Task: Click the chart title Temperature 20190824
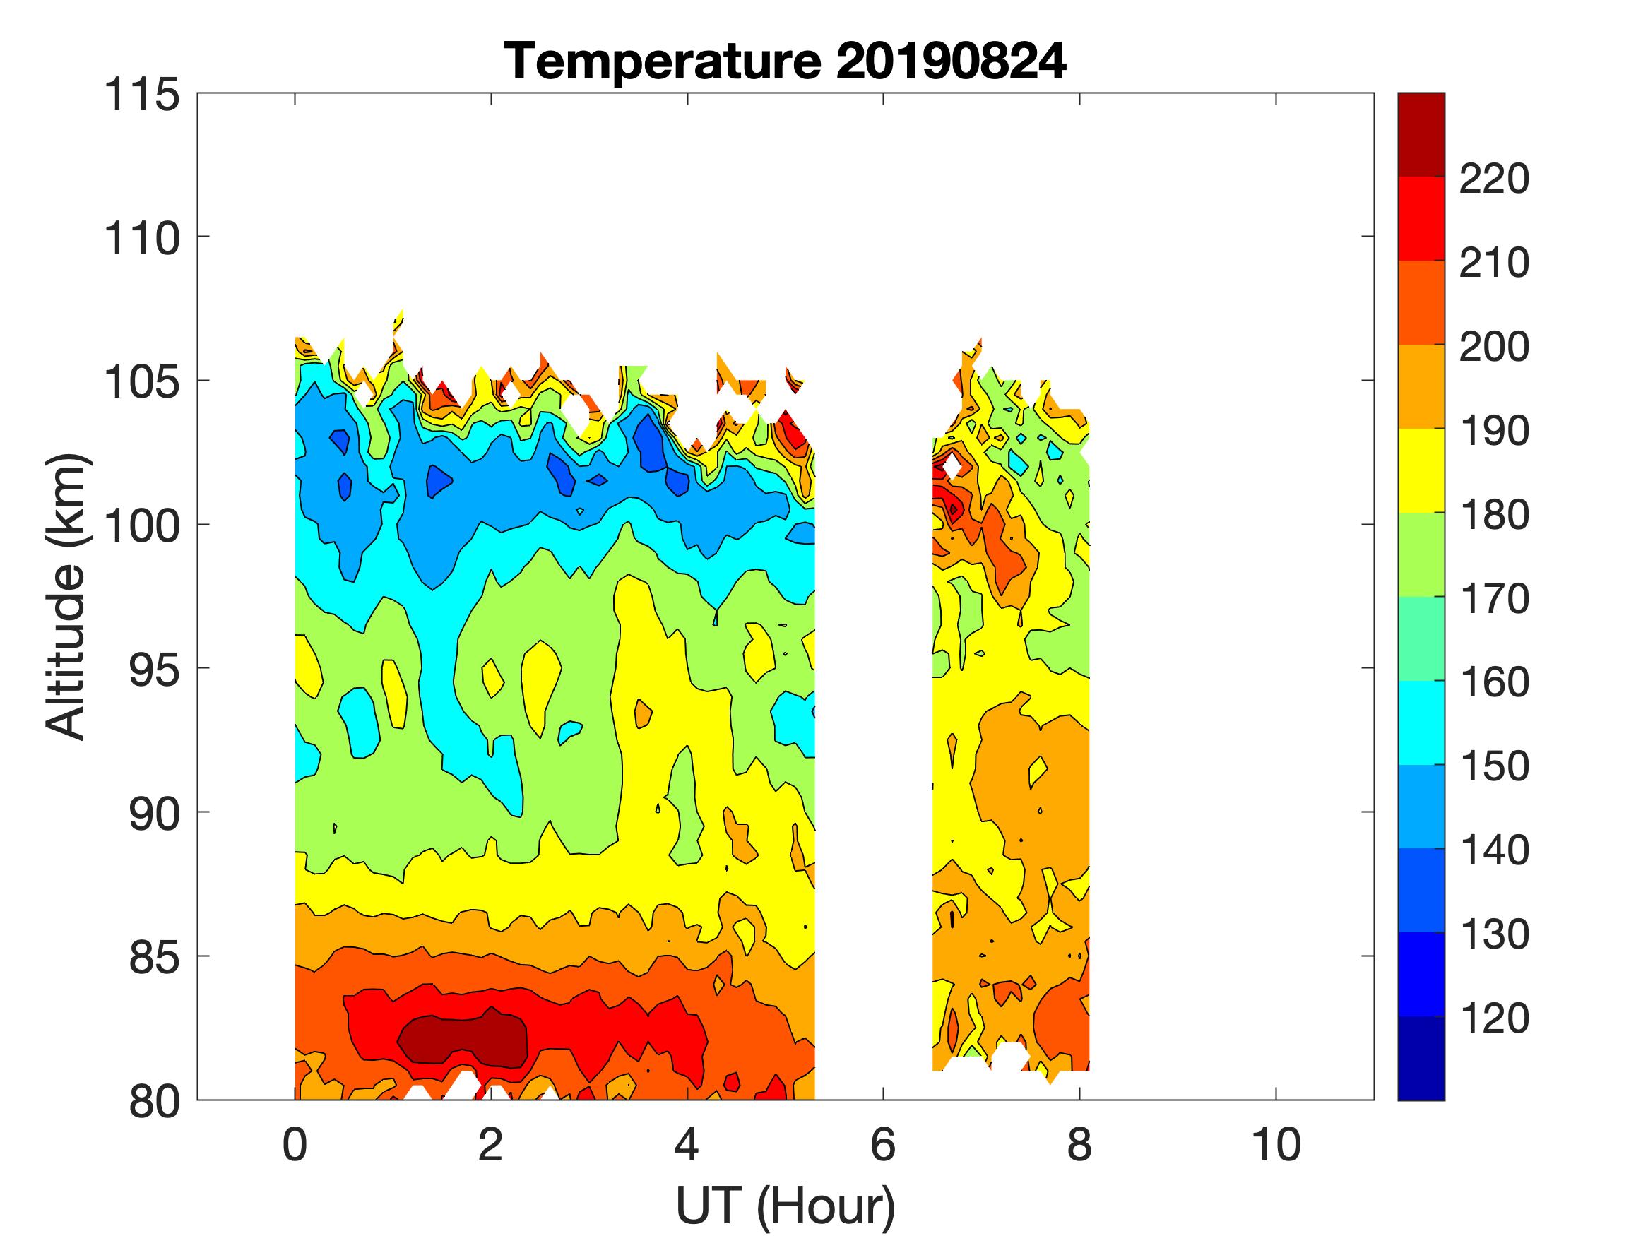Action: (786, 62)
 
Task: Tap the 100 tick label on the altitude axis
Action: (141, 525)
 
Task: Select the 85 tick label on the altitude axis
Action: (155, 957)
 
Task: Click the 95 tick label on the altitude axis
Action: (155, 669)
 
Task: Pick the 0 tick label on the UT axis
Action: (295, 1145)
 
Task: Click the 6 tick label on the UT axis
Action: (883, 1145)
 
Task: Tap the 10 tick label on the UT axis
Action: (1276, 1145)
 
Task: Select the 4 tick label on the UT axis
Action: (687, 1145)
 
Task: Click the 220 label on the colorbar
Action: (1494, 179)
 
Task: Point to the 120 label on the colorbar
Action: (1494, 1018)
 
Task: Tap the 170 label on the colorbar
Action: (1494, 598)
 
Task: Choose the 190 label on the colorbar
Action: (1494, 431)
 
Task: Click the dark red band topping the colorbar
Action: (1421, 134)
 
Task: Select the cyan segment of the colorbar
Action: (1421, 723)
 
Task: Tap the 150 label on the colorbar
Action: (1494, 766)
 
